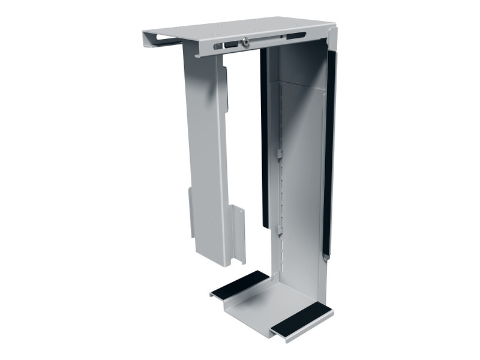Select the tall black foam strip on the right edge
(x=329, y=150)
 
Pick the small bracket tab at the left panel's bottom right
(x=238, y=234)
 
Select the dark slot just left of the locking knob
(x=230, y=45)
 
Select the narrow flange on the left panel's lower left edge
(x=191, y=213)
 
